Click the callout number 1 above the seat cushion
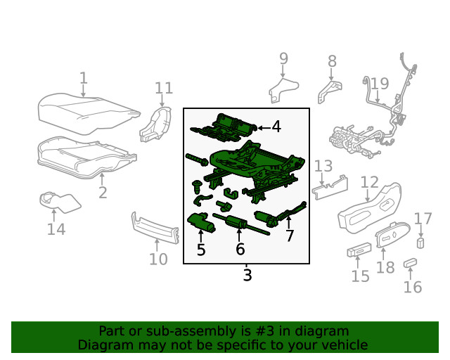(x=83, y=78)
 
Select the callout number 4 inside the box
(x=276, y=127)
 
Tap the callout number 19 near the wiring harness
(x=379, y=84)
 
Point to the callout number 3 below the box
(x=247, y=276)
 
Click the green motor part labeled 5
(x=202, y=222)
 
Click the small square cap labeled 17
(x=420, y=243)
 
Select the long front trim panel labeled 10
(x=154, y=226)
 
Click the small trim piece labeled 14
(x=58, y=202)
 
